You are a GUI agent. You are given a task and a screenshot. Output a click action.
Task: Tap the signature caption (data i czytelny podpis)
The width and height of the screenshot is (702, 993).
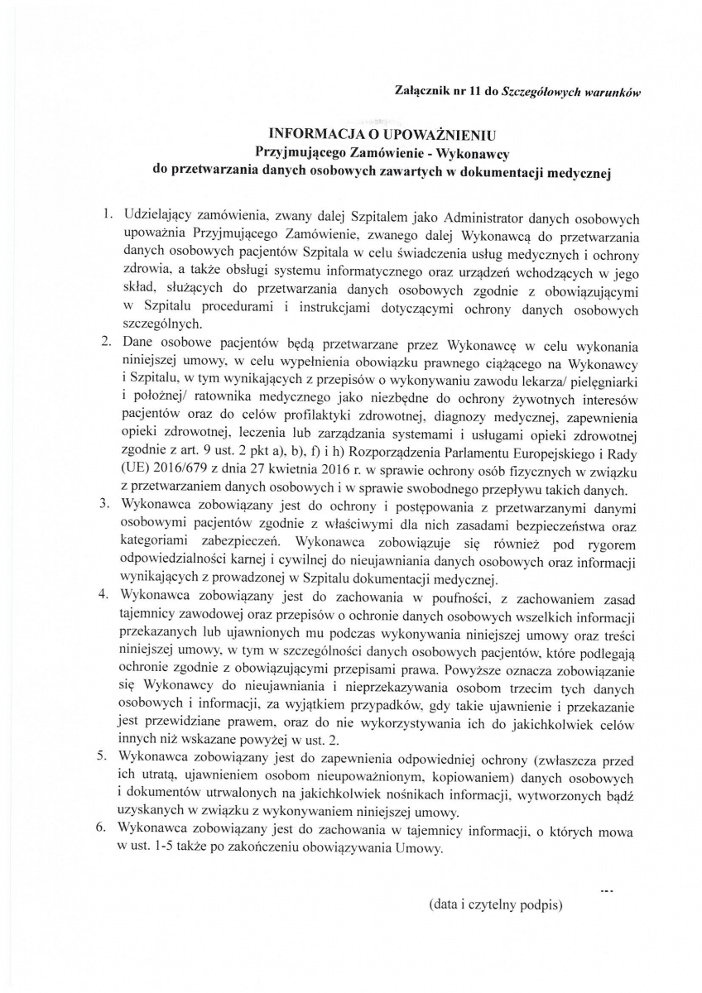(x=495, y=904)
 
